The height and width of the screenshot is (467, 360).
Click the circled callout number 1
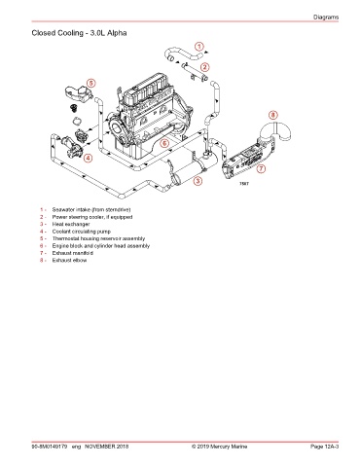[199, 47]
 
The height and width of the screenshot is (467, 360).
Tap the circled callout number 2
[204, 67]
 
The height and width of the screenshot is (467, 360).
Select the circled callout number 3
[198, 181]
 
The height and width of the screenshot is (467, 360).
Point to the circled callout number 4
[88, 159]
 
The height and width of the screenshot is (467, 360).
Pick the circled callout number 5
[91, 83]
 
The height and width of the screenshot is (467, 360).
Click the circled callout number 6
[164, 143]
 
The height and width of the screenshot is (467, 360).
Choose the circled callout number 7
[261, 168]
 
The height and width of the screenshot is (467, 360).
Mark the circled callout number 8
[273, 115]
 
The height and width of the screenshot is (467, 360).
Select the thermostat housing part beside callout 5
[78, 93]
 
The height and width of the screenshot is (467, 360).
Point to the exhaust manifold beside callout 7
[248, 159]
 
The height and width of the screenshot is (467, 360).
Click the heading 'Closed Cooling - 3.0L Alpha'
[79, 33]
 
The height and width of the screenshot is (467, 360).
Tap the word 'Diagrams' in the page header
[326, 18]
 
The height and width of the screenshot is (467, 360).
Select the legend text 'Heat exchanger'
[71, 224]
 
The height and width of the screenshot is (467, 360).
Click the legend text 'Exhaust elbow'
[69, 260]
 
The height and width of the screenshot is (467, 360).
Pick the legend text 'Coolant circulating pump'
[82, 232]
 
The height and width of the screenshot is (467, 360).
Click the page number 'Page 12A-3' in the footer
[324, 447]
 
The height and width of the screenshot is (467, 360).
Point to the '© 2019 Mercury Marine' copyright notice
[219, 447]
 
